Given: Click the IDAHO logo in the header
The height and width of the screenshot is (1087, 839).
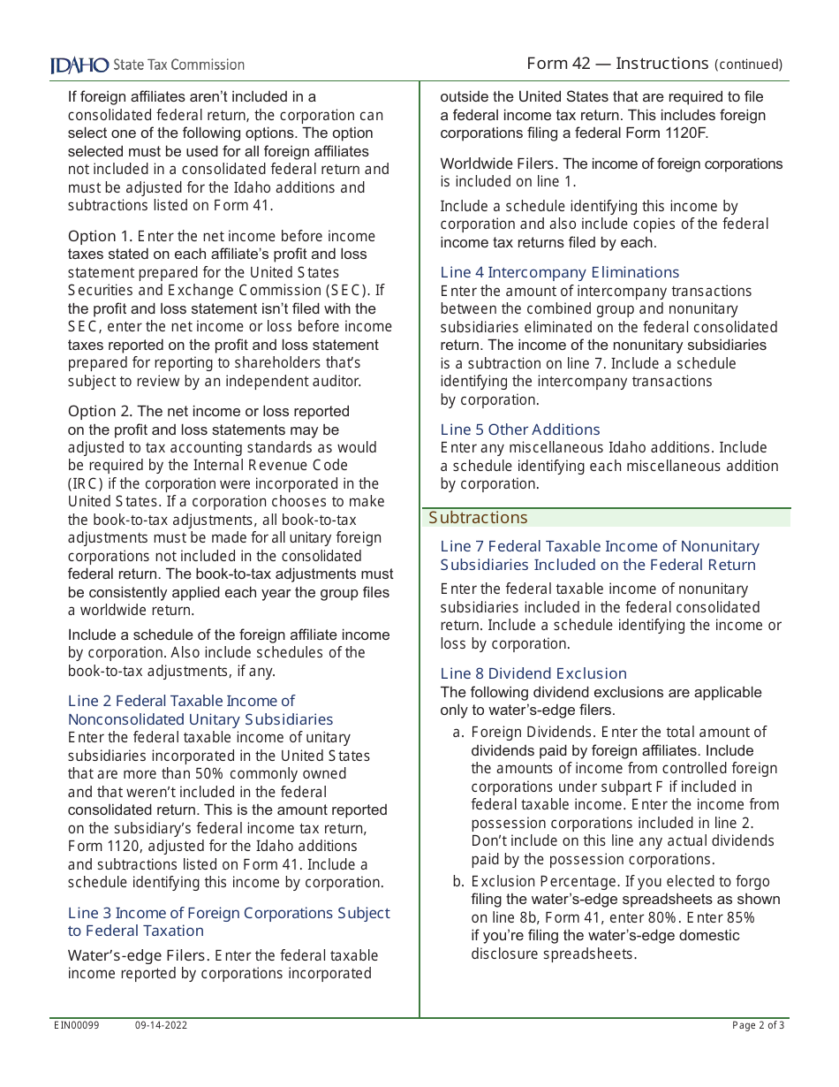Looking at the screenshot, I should tap(79, 65).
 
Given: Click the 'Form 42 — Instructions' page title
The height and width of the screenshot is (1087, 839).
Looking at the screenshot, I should tap(617, 64).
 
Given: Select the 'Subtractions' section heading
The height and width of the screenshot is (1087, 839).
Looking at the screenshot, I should tap(478, 518).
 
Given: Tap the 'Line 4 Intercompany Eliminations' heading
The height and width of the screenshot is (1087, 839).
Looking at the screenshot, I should tap(560, 272).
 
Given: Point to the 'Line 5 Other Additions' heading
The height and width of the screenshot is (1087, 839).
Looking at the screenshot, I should tap(520, 429).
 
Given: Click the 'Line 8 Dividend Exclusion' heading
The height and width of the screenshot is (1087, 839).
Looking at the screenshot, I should tap(533, 673).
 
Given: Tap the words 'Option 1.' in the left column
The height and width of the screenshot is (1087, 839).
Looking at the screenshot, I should tap(98, 236).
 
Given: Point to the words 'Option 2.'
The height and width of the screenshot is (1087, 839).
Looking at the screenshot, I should tap(98, 411).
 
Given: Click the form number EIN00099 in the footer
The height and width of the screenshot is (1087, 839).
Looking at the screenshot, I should tap(77, 1025).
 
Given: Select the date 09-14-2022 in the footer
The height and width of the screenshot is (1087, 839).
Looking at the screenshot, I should tap(161, 1025).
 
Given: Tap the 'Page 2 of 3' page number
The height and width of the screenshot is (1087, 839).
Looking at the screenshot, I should tap(758, 1025).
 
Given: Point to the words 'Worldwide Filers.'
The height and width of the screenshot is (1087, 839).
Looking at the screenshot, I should tap(498, 163).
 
